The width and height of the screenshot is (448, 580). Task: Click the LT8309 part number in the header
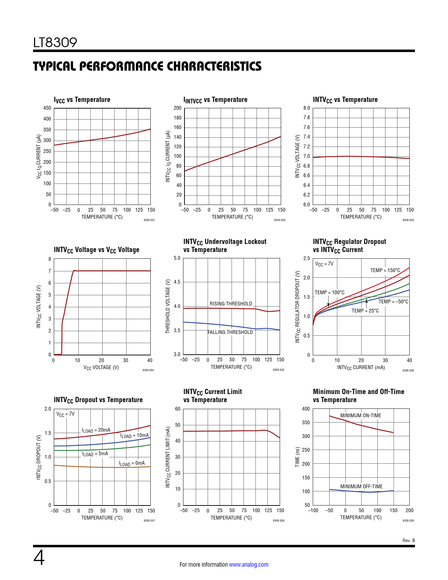pyautogui.click(x=55, y=43)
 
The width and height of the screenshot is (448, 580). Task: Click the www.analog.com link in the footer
pyautogui.click(x=248, y=565)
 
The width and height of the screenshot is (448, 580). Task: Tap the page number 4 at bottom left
pyautogui.click(x=39, y=558)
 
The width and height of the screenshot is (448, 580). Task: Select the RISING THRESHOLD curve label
pyautogui.click(x=231, y=304)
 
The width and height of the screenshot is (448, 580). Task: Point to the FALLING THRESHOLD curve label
pyautogui.click(x=230, y=332)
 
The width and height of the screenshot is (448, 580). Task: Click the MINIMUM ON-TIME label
pyautogui.click(x=361, y=415)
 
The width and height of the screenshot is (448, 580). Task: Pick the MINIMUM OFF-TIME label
pyautogui.click(x=361, y=486)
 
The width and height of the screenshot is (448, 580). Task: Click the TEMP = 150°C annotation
pyautogui.click(x=385, y=270)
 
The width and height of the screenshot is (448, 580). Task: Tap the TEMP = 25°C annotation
pyautogui.click(x=365, y=311)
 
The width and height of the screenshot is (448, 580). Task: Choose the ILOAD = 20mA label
pyautogui.click(x=96, y=430)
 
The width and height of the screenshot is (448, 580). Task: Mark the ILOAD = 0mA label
pyautogui.click(x=132, y=463)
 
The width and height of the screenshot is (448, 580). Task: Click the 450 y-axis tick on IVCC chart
pyautogui.click(x=47, y=108)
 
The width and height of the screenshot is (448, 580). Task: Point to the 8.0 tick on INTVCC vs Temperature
pyautogui.click(x=307, y=108)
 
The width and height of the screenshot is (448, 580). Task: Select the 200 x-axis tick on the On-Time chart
pyautogui.click(x=409, y=510)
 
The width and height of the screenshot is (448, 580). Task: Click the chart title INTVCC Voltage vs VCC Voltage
pyautogui.click(x=96, y=250)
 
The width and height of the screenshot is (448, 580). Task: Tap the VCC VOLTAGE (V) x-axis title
pyautogui.click(x=101, y=367)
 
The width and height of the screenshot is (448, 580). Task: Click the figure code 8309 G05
pyautogui.click(x=279, y=370)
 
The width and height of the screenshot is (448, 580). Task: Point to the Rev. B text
pyautogui.click(x=409, y=540)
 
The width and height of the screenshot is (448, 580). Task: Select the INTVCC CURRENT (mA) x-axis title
pyautogui.click(x=361, y=367)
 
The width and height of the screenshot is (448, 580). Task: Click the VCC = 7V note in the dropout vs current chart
pyautogui.click(x=324, y=264)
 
